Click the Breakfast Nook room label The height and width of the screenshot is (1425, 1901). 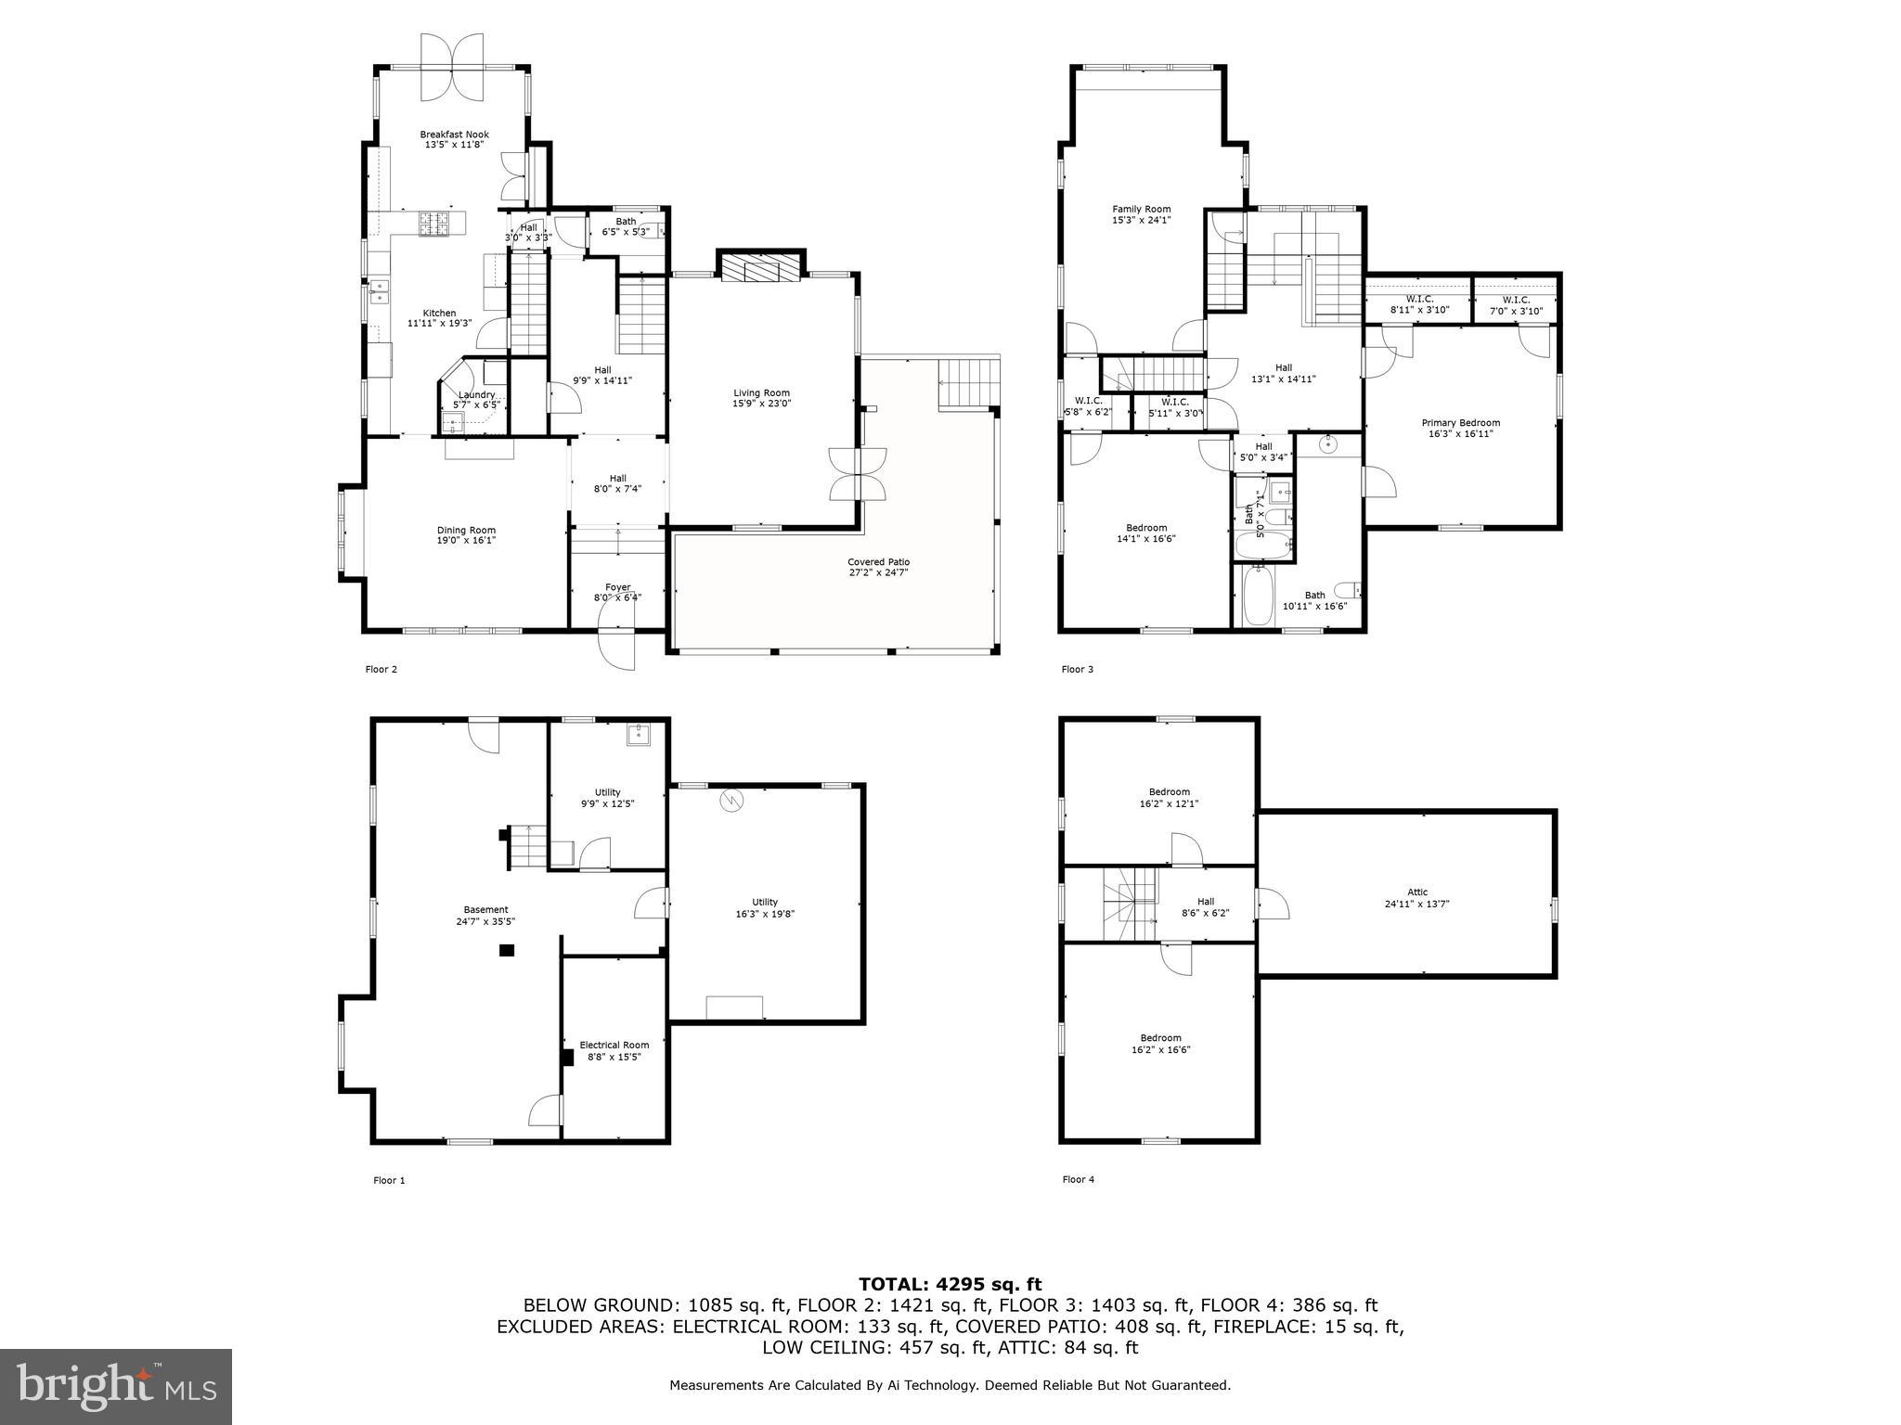[454, 135]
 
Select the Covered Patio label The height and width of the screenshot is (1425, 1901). [878, 562]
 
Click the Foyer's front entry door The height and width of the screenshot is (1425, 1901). [617, 648]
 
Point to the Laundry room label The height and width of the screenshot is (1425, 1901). [476, 394]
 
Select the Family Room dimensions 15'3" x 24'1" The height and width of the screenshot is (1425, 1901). [1141, 221]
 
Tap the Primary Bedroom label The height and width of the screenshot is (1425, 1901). [1460, 423]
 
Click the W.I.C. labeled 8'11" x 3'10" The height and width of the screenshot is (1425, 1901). [1419, 305]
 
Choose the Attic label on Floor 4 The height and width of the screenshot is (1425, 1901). [1416, 892]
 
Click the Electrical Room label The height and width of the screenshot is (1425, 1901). [614, 1045]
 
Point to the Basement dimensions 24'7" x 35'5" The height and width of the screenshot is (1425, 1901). [485, 921]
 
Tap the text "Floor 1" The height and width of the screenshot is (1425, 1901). [389, 1180]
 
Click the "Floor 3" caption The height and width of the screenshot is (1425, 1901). [1077, 669]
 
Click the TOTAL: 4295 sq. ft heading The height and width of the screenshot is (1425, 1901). [950, 1284]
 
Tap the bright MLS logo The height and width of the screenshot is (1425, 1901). [116, 1387]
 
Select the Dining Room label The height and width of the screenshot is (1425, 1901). [467, 531]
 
